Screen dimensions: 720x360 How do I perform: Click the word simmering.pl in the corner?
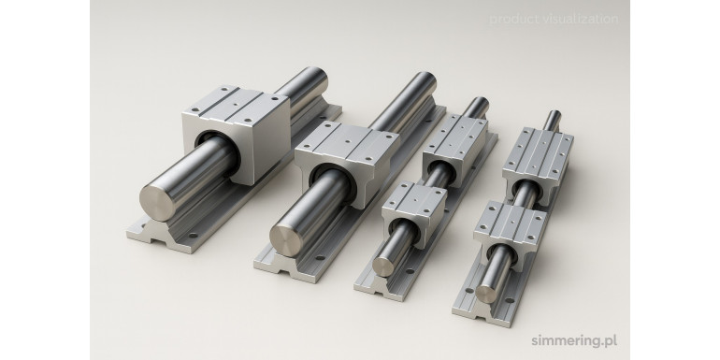click(574, 340)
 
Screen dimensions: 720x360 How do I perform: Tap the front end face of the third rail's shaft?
click(383, 266)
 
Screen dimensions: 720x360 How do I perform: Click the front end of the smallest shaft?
click(485, 293)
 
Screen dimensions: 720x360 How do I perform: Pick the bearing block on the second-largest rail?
click(347, 161)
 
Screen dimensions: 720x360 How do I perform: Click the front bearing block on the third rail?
click(413, 212)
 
